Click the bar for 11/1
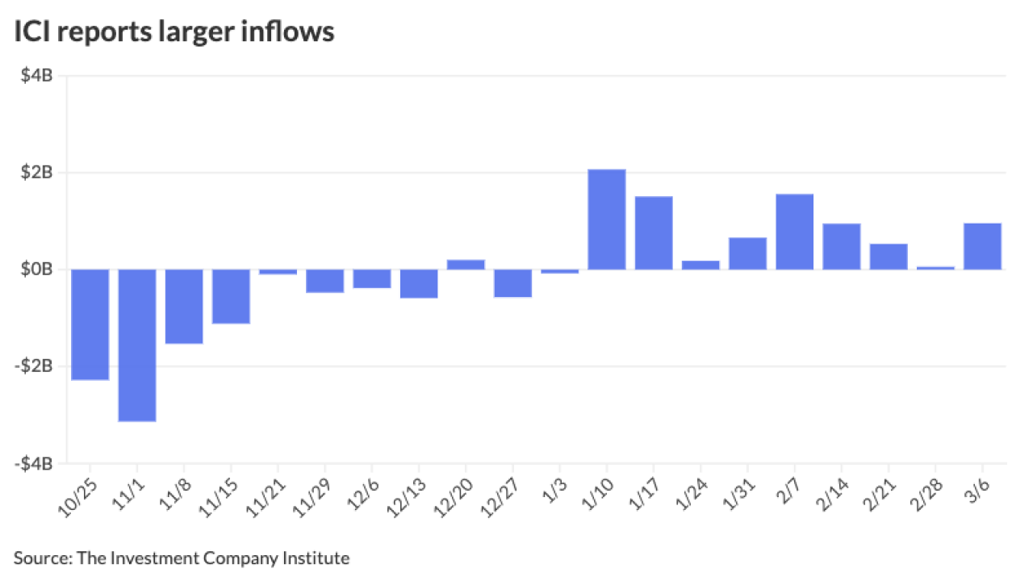(137, 345)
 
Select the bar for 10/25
(90, 324)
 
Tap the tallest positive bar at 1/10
(607, 219)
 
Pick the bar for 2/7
(795, 232)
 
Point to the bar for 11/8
(184, 306)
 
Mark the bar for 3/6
(983, 246)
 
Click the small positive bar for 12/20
(466, 264)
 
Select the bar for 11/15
(231, 296)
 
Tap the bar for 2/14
(842, 246)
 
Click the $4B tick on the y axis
(38, 76)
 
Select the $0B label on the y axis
(38, 270)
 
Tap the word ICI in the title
(31, 33)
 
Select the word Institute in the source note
(320, 558)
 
